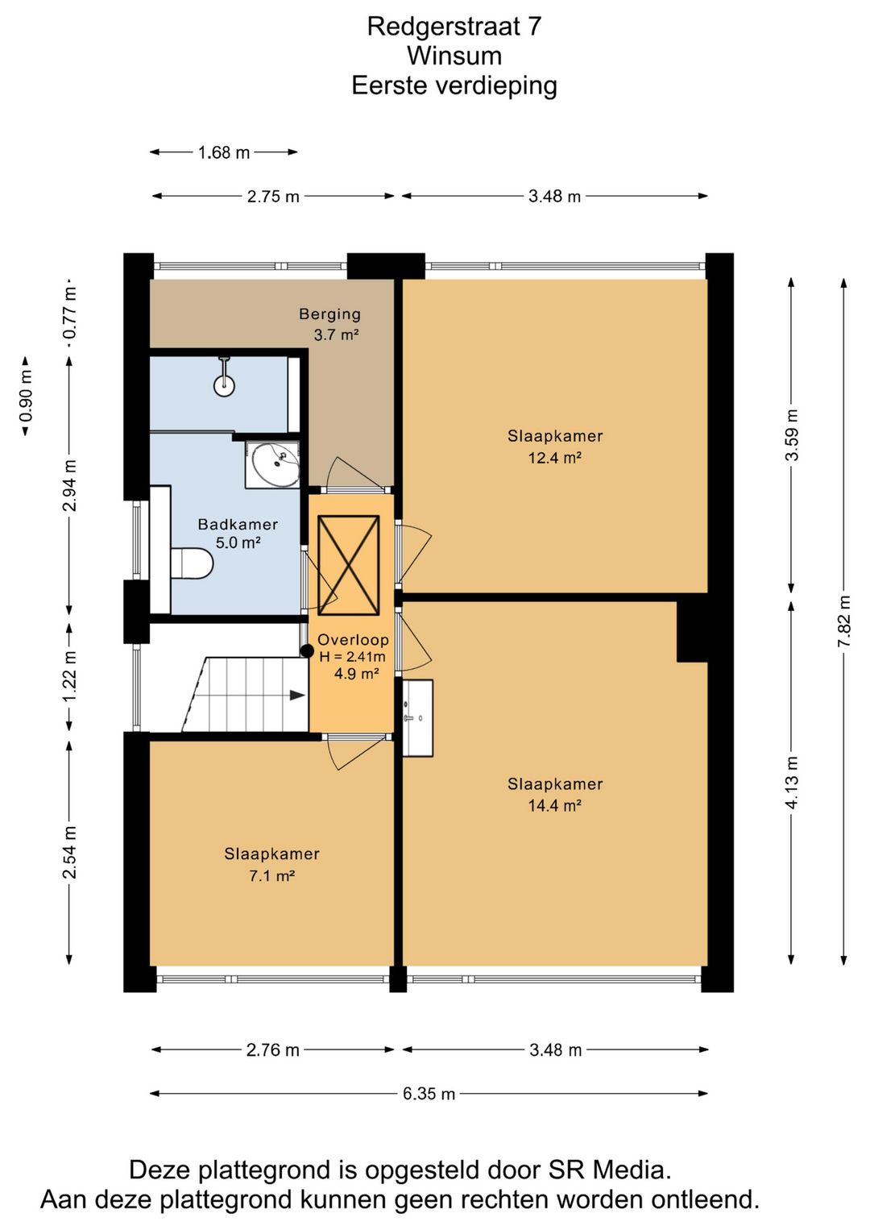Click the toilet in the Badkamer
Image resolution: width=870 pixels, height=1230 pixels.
tap(192, 563)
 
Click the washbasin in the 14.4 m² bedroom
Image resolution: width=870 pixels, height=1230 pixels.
tap(418, 718)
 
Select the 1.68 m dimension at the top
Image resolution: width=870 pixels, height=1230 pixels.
tap(224, 152)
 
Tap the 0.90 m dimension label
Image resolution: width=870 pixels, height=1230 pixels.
tap(26, 395)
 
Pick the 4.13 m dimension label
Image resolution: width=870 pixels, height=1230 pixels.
tap(791, 782)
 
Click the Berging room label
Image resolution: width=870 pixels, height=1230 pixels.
tap(330, 314)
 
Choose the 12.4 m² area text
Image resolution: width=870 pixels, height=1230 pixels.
tap(555, 457)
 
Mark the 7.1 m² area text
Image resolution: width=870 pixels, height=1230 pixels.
tap(272, 876)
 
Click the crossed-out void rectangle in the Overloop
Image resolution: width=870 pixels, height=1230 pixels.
tap(349, 565)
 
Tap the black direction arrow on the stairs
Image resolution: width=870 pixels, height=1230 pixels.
tap(297, 696)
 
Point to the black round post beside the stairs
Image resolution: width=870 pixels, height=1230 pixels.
tap(307, 651)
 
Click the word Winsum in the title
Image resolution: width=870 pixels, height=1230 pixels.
tap(454, 56)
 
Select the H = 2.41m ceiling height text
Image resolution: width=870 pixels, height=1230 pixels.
tap(352, 657)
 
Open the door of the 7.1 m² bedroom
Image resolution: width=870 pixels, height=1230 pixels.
tap(358, 750)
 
